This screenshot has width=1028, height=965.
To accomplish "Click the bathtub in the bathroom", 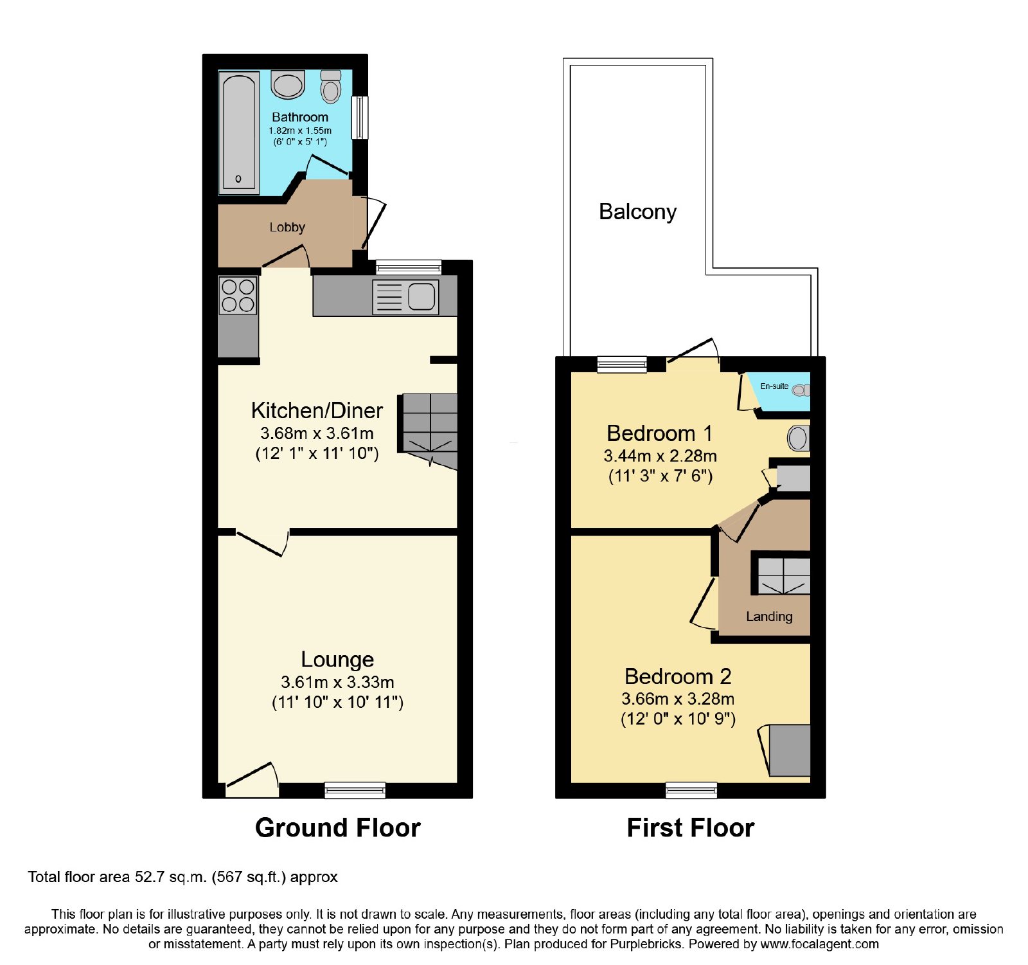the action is [x=239, y=133].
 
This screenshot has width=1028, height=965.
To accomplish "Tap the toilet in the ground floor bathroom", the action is [x=331, y=87].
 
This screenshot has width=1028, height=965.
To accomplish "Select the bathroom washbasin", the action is [x=287, y=85].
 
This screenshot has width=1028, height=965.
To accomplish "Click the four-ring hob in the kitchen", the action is [x=238, y=295].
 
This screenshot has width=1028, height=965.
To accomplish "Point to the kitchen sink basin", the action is [x=421, y=296].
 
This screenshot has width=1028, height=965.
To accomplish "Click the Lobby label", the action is [x=287, y=227].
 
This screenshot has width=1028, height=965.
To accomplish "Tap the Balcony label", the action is [x=637, y=212].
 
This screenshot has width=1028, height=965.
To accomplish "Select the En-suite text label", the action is [x=774, y=386].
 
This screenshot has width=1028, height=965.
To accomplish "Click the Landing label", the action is [x=769, y=617].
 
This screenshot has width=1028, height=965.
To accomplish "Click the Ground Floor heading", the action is [x=338, y=827].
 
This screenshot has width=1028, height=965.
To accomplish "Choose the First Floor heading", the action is [x=691, y=827].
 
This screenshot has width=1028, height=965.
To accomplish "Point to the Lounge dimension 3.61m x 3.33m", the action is [x=337, y=682].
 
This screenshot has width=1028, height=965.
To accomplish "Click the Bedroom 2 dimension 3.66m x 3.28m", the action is [x=678, y=699].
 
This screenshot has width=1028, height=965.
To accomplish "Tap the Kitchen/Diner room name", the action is [x=317, y=410].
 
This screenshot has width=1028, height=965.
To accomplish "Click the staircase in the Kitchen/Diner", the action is [x=428, y=431].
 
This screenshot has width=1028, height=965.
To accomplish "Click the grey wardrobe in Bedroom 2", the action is [x=790, y=750].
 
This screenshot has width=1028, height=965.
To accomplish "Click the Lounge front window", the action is [x=355, y=790].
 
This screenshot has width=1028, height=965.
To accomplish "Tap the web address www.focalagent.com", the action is [x=819, y=944].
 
